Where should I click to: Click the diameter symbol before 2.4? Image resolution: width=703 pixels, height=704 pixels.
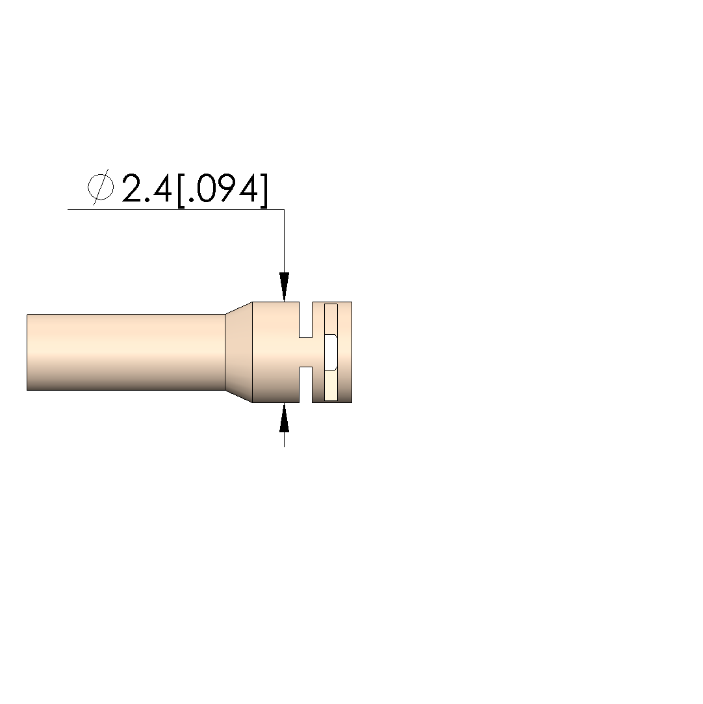(101, 187)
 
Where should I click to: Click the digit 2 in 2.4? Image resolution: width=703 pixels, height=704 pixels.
(133, 189)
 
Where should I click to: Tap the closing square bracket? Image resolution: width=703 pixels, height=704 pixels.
(264, 190)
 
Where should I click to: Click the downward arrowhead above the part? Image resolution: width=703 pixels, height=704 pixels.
(284, 287)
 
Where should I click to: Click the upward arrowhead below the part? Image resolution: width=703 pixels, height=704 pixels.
(284, 417)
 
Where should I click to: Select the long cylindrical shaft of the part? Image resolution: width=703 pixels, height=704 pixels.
(125, 352)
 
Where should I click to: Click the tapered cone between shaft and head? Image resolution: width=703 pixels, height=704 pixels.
(238, 352)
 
